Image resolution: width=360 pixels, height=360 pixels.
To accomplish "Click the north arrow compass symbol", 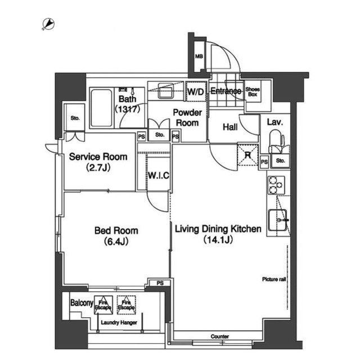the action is pyautogui.click(x=48, y=24).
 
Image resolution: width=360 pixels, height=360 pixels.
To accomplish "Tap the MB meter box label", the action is pyautogui.click(x=199, y=56).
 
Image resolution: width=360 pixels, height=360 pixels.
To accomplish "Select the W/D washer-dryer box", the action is pyautogui.click(x=195, y=92).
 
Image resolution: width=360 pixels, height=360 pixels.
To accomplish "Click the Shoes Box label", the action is pyautogui.click(x=253, y=92).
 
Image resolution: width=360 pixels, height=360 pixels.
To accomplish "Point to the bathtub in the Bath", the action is pyautogui.click(x=101, y=108).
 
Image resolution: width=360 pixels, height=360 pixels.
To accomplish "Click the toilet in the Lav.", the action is pyautogui.click(x=276, y=141).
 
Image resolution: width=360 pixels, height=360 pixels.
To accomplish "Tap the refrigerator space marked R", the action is pyautogui.click(x=247, y=155).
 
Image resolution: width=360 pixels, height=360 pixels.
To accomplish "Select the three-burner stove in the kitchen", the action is pyautogui.click(x=276, y=185).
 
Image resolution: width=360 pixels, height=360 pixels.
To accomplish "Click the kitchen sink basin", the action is pyautogui.click(x=278, y=220).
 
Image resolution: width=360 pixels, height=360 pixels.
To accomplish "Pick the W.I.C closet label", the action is pyautogui.click(x=159, y=175).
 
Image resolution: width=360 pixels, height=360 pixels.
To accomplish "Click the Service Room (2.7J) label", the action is pyautogui.click(x=98, y=162).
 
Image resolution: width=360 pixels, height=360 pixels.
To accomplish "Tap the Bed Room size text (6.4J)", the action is pyautogui.click(x=116, y=241).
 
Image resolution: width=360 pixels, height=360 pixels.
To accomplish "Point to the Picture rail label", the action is pyautogui.click(x=274, y=279).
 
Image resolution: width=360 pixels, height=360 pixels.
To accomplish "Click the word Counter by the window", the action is pyautogui.click(x=220, y=336).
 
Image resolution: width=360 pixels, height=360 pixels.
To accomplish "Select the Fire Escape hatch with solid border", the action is pyautogui.click(x=103, y=305).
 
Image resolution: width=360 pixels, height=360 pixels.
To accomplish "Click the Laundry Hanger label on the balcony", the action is pyautogui.click(x=119, y=322).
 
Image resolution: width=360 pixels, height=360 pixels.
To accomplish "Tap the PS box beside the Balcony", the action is pyautogui.click(x=160, y=283).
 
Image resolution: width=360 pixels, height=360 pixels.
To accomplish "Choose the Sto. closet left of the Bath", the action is pyautogui.click(x=75, y=118).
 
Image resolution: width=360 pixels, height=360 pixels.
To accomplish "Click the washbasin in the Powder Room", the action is pyautogui.click(x=165, y=91).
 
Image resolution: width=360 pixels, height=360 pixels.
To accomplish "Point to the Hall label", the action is pyautogui.click(x=230, y=127).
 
